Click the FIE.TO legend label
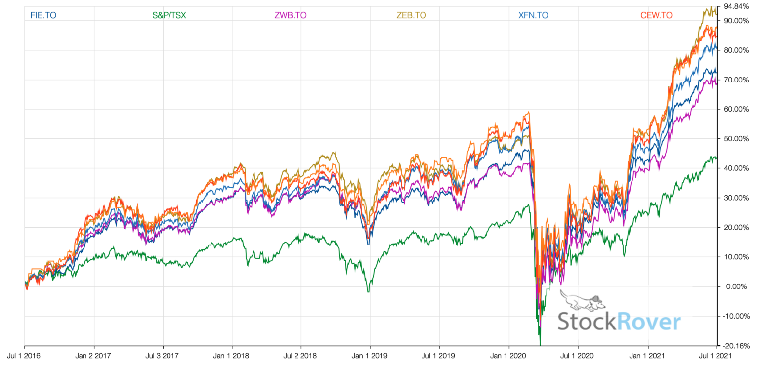click(43, 15)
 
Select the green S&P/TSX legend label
click(169, 15)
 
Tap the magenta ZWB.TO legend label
click(291, 15)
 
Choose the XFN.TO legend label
click(533, 15)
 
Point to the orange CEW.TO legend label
click(656, 15)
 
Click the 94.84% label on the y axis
click(736, 6)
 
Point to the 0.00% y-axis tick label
click(735, 286)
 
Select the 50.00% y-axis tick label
click(735, 139)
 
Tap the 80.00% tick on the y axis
click(735, 50)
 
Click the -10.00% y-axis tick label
click(736, 316)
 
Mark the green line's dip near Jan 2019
click(368, 292)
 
